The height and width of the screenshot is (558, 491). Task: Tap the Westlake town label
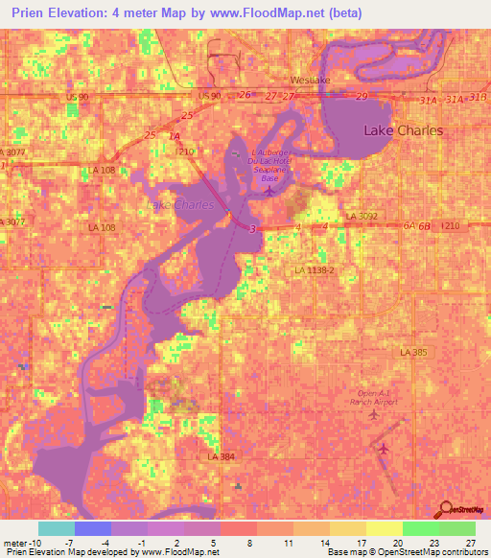point(310,81)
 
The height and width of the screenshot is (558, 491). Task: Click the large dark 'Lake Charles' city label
point(403,130)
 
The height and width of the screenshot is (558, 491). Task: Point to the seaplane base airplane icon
point(269,189)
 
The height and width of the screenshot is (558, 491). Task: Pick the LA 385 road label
point(414,352)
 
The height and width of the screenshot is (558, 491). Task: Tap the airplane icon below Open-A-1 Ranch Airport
point(386,448)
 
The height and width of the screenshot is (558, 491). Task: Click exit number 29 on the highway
point(362,98)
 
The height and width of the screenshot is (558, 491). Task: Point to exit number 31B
point(479,98)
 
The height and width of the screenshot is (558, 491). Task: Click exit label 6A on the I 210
point(409,225)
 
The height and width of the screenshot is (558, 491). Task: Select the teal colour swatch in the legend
point(56,528)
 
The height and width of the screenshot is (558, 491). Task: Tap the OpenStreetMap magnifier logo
point(445,511)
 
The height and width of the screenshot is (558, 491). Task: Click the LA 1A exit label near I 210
point(174,138)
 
